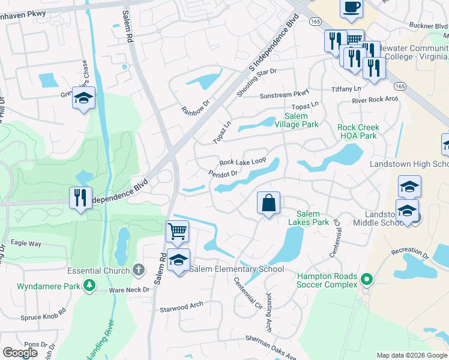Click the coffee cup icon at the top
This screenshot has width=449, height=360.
(351, 8)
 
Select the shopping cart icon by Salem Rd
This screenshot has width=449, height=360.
(177, 231)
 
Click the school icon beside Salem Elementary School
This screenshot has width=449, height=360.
(178, 260)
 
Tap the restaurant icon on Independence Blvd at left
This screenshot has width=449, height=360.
(80, 197)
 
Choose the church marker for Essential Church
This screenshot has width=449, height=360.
(139, 270)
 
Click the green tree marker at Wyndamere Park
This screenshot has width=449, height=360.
(90, 285)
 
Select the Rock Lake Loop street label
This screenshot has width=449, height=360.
(243, 162)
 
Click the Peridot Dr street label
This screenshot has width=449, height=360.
(223, 173)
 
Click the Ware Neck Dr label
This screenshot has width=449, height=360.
(128, 289)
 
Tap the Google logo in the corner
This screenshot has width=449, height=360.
(20, 353)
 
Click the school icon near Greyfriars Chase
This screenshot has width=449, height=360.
(83, 98)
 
